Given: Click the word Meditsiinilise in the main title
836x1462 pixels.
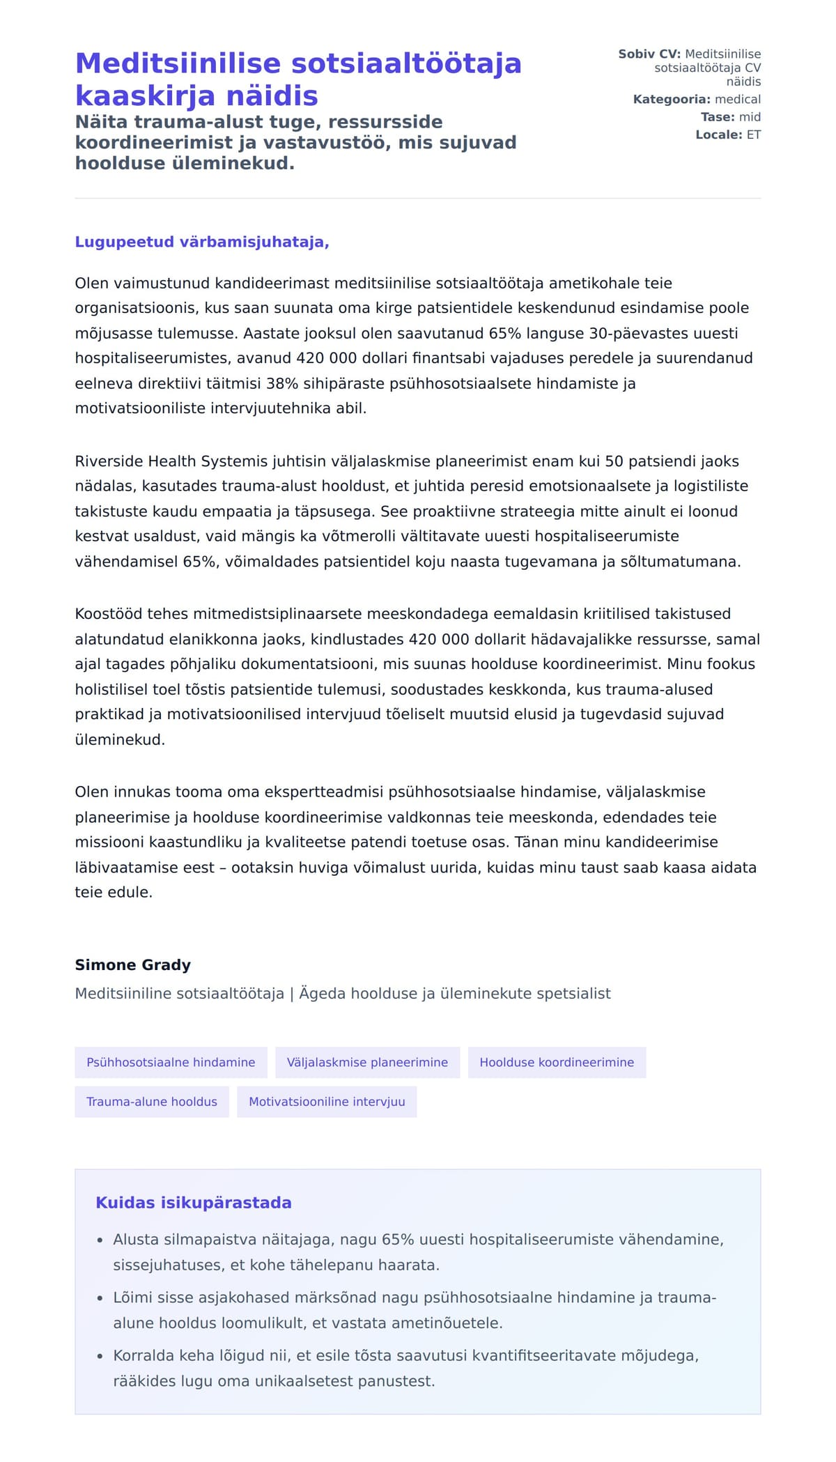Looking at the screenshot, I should pos(178,63).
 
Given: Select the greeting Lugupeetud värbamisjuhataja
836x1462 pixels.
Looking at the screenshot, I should pos(201,242).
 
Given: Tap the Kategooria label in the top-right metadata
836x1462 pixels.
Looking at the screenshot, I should pos(672,100).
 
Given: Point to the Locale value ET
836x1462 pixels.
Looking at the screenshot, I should pos(753,134).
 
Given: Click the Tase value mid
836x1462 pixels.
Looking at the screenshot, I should pos(750,117).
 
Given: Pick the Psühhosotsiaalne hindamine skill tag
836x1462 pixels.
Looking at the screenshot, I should pos(171,1062).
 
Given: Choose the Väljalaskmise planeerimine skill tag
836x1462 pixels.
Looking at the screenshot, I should pos(367,1062).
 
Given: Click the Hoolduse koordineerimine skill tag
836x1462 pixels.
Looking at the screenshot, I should pos(557,1062).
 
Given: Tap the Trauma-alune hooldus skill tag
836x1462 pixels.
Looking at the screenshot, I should pos(152,1102).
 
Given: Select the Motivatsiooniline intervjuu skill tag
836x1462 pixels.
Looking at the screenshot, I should pos(327,1102).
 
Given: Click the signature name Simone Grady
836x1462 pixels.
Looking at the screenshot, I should pos(132,964).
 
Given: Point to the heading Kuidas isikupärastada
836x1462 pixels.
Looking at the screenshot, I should pos(193,1202).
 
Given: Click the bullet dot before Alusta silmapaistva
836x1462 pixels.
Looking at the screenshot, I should pos(100,1240).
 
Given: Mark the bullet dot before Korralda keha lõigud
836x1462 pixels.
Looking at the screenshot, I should pos(100,1356).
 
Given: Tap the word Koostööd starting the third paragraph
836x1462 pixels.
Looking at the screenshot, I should pos(109,614).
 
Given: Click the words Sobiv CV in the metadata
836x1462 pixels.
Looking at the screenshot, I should pos(649,54).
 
